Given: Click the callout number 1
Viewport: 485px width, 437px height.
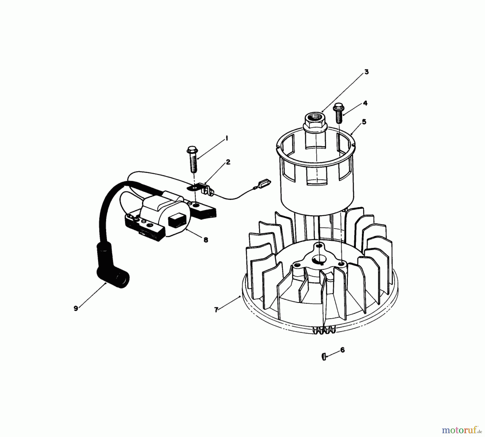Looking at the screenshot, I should [227, 138].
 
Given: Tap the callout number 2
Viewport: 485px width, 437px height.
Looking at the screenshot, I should [228, 162].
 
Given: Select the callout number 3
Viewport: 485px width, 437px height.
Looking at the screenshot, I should [366, 72].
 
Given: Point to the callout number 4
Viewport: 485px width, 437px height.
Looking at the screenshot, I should [365, 103].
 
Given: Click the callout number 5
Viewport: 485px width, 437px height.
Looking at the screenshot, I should [364, 122].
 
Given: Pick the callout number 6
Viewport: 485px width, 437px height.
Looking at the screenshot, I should [342, 350].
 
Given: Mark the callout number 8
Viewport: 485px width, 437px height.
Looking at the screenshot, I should [206, 240].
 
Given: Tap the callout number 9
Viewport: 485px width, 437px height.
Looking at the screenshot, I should [76, 308].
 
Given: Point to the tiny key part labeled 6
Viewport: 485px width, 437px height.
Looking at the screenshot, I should [324, 357].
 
